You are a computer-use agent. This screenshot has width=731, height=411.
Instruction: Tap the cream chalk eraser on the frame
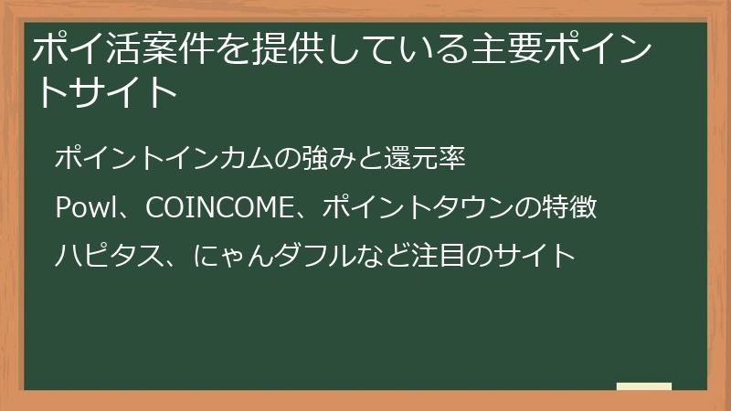[644, 386]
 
